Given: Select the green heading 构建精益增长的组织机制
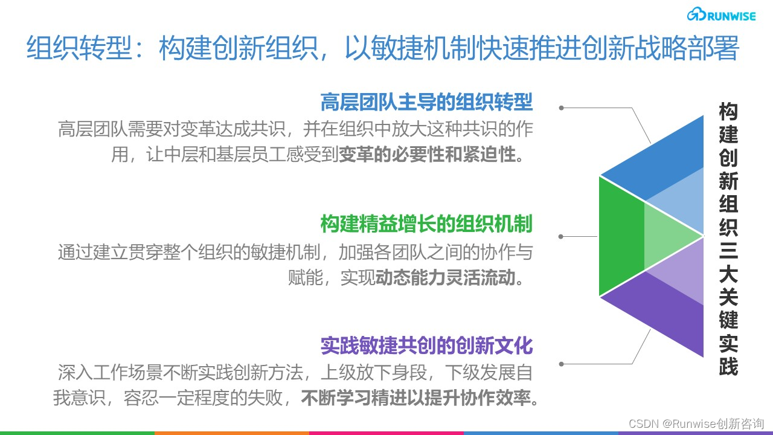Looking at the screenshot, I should (x=426, y=224).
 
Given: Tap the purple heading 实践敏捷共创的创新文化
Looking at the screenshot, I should (x=426, y=346).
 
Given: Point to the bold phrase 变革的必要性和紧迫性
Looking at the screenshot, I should (x=428, y=155).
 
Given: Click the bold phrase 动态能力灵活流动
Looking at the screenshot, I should (x=446, y=278).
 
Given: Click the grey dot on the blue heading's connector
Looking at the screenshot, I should (x=562, y=108).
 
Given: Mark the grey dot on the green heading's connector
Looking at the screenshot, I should (x=562, y=236).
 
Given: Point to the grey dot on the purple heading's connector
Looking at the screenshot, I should (x=562, y=364).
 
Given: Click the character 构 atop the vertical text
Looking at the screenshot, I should (x=728, y=112).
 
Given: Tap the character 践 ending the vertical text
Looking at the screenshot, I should (x=728, y=366).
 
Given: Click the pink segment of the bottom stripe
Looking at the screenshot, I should (x=386, y=433).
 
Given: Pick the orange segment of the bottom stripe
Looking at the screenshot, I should (x=232, y=433).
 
